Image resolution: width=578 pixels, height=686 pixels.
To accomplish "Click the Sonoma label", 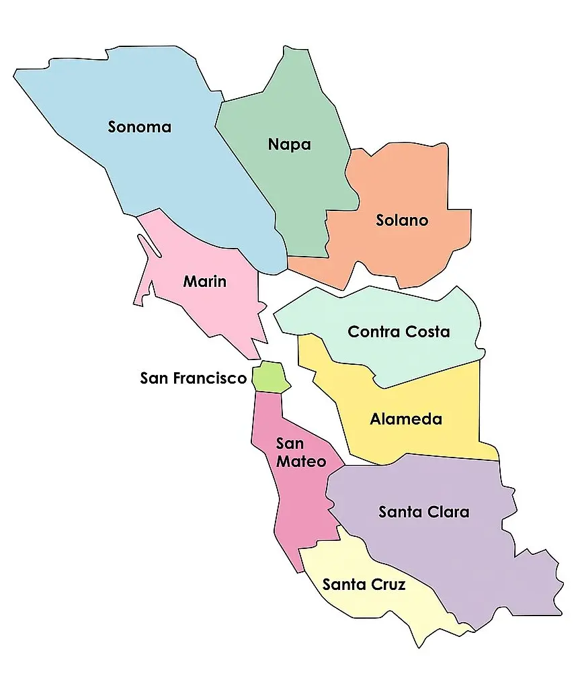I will pos(140,127).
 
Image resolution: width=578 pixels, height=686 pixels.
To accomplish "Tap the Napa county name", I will pos(289,144).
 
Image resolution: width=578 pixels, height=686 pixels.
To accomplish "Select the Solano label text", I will pos(402,220).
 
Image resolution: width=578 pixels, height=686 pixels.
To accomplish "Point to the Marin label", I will pos(205,282).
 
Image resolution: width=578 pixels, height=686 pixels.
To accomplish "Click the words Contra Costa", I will pos(399,332).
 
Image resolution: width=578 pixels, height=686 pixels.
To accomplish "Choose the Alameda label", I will pos(406,419).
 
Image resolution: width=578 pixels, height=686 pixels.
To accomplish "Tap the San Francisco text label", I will pos(194,378).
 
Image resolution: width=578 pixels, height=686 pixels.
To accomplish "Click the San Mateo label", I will pos(300,453).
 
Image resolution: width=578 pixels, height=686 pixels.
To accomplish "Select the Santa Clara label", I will pos(423,512).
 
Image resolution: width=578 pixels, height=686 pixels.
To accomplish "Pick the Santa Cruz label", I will pos(364,585).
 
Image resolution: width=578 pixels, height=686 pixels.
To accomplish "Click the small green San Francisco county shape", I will pos(270,377).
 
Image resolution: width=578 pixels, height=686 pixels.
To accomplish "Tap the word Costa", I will pos(427,332).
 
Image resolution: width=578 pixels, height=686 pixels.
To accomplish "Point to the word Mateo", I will pos(301,462).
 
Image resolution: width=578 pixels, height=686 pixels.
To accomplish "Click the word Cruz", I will pos(389,585).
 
